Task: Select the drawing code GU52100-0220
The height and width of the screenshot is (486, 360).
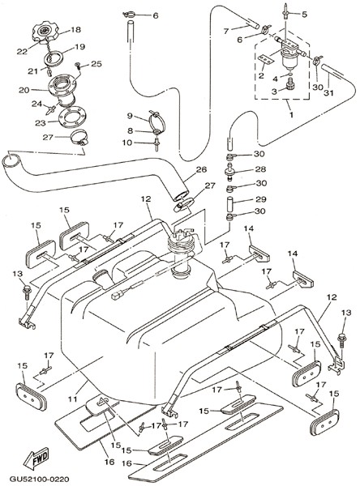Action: pyautogui.click(x=39, y=479)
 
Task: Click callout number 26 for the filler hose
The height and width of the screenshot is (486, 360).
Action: pyautogui.click(x=201, y=169)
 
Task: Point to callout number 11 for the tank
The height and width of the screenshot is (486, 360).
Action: pyautogui.click(x=73, y=399)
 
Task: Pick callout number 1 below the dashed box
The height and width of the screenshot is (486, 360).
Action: pyautogui.click(x=291, y=115)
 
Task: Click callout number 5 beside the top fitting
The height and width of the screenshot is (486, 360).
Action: pyautogui.click(x=304, y=15)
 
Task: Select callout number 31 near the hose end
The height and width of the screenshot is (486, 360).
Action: pyautogui.click(x=328, y=92)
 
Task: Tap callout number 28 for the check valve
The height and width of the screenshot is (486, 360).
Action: pyautogui.click(x=261, y=169)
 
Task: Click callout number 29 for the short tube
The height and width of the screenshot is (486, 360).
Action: pyautogui.click(x=261, y=199)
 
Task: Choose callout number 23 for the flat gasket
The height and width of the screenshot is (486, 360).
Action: pyautogui.click(x=41, y=123)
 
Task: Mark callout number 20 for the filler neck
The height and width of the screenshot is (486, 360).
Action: pyautogui.click(x=24, y=90)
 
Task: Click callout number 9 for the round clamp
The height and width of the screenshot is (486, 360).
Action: pyautogui.click(x=130, y=116)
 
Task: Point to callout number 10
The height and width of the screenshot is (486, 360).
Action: pyautogui.click(x=127, y=143)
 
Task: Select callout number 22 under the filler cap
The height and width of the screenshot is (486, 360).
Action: pyautogui.click(x=22, y=52)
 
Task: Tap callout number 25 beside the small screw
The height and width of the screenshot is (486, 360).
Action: pyautogui.click(x=96, y=64)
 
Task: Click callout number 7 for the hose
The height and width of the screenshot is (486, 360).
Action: pyautogui.click(x=226, y=31)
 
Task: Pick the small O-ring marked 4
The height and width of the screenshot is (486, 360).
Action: pyautogui.click(x=289, y=75)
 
